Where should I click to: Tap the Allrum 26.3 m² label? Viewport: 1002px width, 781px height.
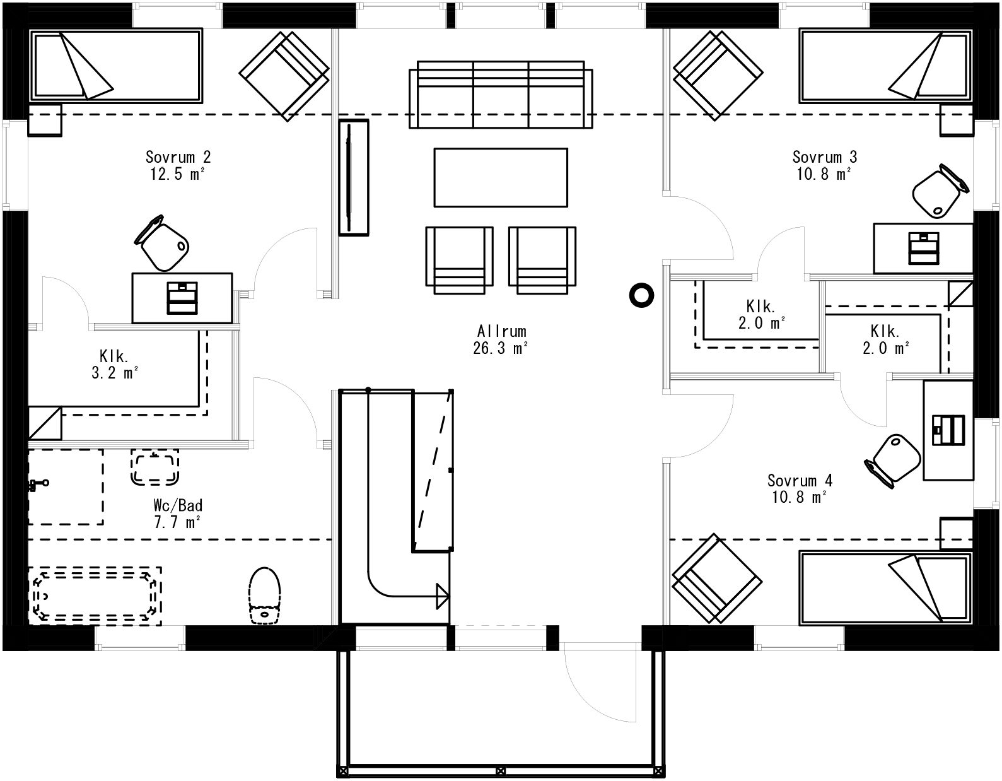click(x=501, y=339)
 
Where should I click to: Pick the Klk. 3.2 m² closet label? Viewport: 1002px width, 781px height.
click(x=115, y=364)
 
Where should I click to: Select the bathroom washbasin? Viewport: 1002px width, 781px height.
click(x=154, y=467)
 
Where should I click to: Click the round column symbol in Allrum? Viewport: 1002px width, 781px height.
click(x=641, y=295)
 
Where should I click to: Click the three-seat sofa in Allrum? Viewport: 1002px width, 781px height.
click(x=501, y=95)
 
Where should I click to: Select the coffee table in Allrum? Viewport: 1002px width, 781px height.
click(x=501, y=177)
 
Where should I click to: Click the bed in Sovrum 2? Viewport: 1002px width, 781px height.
click(x=117, y=65)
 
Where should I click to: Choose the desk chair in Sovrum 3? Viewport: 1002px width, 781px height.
click(x=938, y=192)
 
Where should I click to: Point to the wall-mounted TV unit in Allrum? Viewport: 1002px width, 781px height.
click(x=353, y=177)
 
